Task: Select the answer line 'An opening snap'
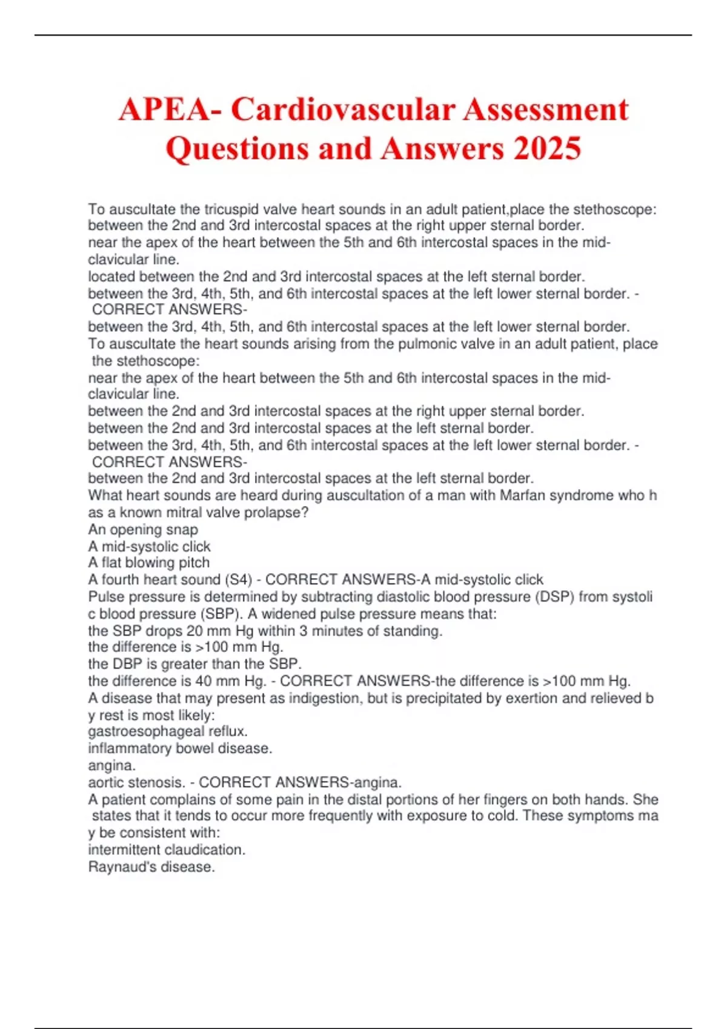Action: (143, 530)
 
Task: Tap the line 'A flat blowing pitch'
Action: (149, 563)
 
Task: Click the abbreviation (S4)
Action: (238, 580)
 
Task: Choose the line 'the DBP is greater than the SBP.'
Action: (195, 664)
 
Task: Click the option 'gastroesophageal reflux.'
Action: (168, 731)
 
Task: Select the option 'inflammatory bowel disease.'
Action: (180, 748)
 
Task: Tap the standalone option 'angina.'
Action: (112, 766)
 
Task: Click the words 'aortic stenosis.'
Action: (136, 783)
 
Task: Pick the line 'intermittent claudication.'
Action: (167, 850)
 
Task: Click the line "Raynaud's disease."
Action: (151, 867)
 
